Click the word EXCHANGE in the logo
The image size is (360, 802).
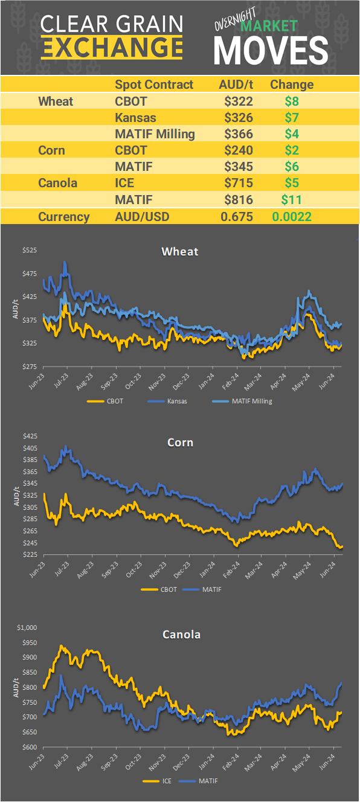(x=112, y=47)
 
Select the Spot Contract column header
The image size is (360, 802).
(x=154, y=85)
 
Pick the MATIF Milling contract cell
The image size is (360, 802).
(x=155, y=133)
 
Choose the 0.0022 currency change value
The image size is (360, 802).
(x=291, y=216)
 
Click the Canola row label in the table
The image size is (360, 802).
(x=57, y=182)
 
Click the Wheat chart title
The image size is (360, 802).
(x=179, y=251)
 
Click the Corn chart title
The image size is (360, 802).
(x=180, y=442)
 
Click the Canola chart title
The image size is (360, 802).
(x=181, y=634)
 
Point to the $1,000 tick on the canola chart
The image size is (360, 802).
(x=28, y=627)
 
